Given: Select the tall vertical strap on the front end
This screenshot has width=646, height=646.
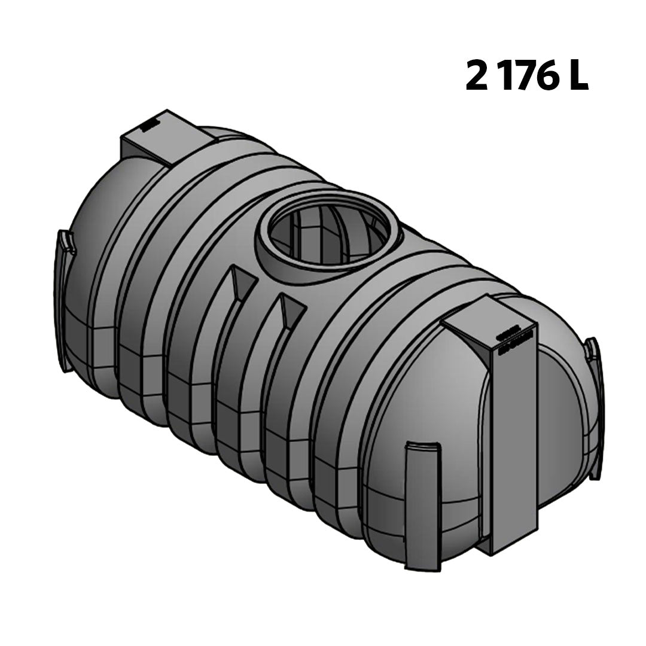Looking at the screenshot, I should (514, 443).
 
